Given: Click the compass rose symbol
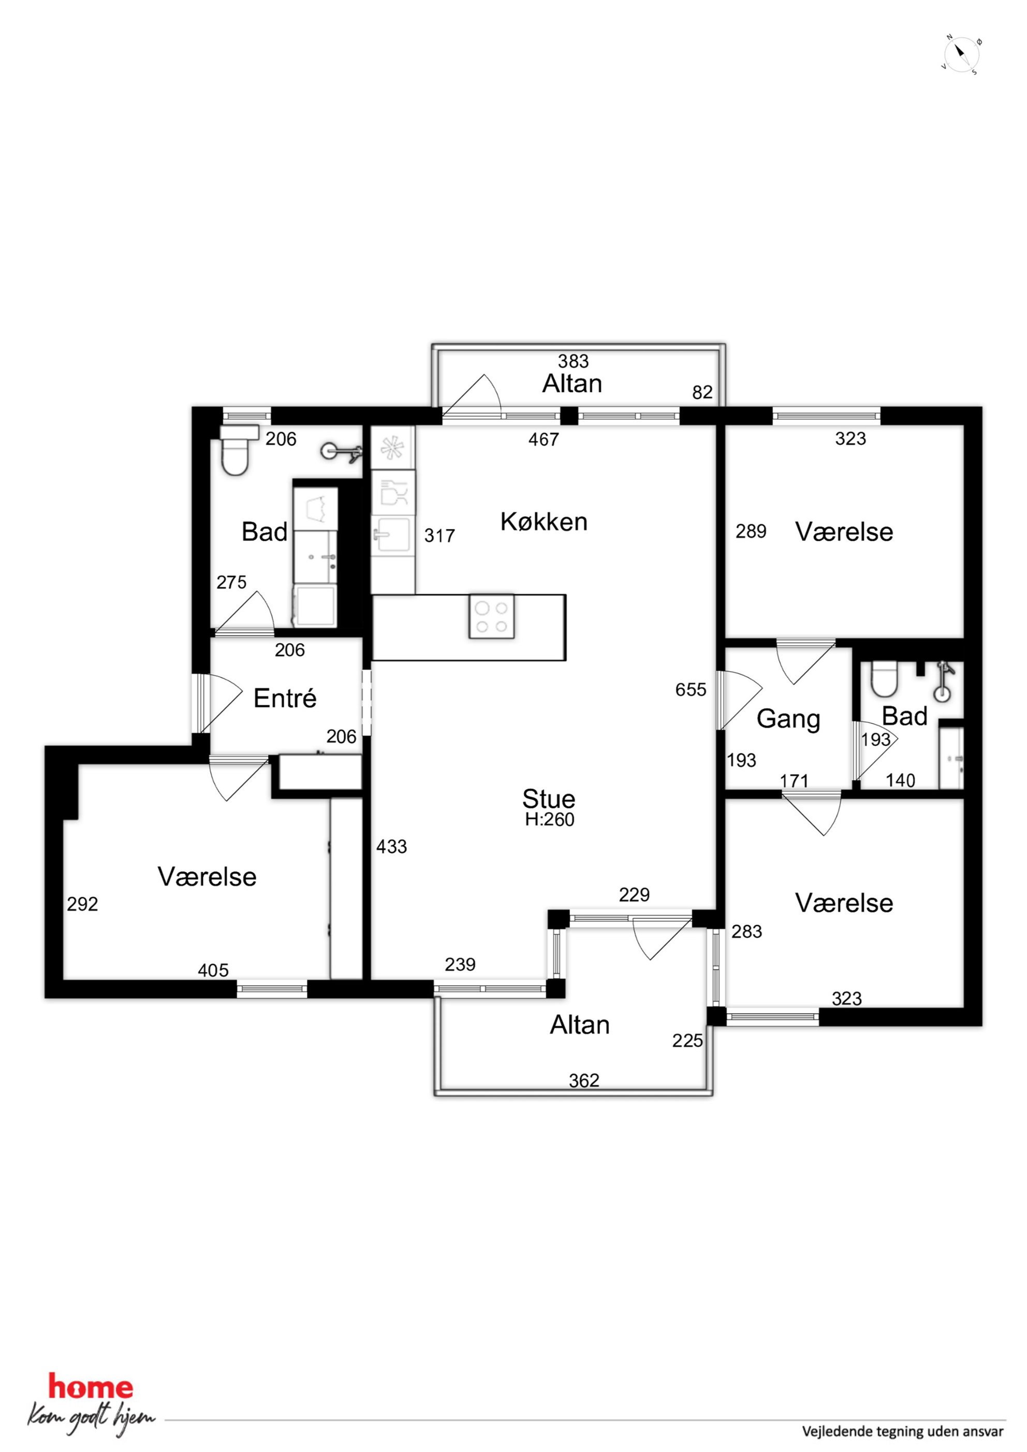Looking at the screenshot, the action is coord(961,55).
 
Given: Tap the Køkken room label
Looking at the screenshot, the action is coord(544,522).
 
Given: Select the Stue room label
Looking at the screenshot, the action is coord(549,799).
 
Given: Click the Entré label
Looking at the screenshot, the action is coord(285,698).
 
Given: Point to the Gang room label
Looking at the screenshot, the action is coord(788,720).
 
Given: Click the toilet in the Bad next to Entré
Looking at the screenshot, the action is coord(236,450).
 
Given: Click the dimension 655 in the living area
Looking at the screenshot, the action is coord(691,689).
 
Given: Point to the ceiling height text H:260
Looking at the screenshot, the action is coord(549,820).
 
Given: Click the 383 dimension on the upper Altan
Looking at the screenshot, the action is coord(574,361).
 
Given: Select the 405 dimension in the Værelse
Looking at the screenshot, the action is coord(213,970).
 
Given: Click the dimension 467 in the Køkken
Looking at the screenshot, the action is coord(544,439).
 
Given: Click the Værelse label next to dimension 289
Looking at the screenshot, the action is coord(844,532).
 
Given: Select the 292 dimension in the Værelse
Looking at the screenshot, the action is coord(82,905).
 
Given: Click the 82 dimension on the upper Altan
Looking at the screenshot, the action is coord(702,393).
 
